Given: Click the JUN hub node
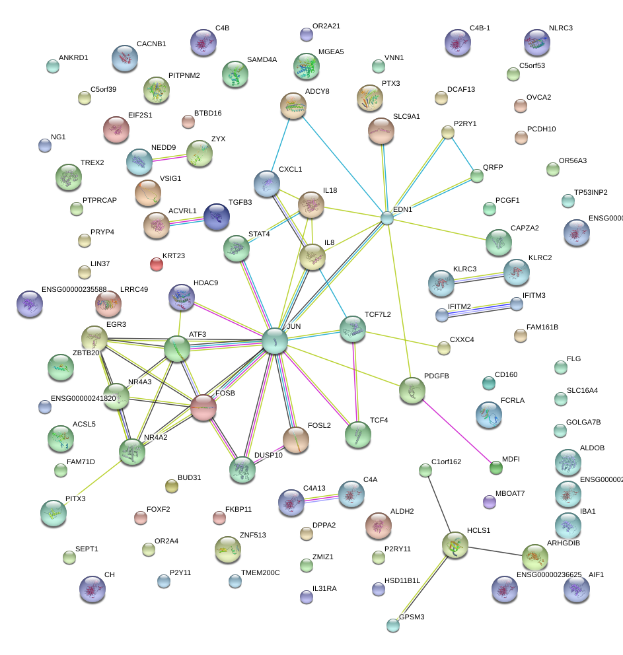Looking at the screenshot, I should [x=274, y=341].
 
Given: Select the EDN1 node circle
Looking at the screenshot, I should [x=387, y=218].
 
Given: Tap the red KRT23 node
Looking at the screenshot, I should [x=156, y=264].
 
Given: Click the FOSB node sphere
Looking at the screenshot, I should [x=203, y=408].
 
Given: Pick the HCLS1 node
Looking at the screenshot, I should [x=455, y=545].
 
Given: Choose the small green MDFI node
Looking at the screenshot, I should [x=495, y=468].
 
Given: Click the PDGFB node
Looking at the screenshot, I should [x=412, y=390].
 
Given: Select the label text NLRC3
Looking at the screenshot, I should [x=561, y=28].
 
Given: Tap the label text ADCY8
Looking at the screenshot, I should [x=316, y=90].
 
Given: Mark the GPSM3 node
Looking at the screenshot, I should [x=394, y=625].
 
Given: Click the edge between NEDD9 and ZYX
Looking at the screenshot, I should [x=169, y=157].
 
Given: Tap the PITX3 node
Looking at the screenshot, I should [x=53, y=512].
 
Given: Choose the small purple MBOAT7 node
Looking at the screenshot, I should [x=490, y=502].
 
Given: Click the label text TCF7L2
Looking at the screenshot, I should [x=377, y=314].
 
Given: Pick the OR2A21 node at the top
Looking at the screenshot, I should [x=306, y=34].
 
